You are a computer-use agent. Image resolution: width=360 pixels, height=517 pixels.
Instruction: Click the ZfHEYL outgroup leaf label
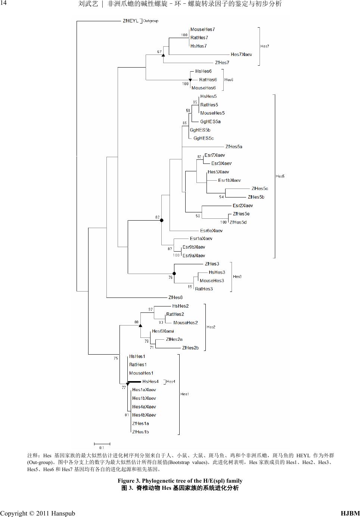pyautogui.click(x=130, y=21)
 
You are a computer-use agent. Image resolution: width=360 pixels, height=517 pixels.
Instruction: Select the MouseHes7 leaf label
pyautogui.click(x=202, y=29)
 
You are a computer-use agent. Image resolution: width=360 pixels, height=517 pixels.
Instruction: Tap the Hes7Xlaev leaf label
pyautogui.click(x=241, y=54)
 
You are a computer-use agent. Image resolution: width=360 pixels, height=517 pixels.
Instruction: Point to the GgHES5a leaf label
pyautogui.click(x=210, y=122)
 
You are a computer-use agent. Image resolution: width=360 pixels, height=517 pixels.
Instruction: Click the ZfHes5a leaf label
pyautogui.click(x=234, y=147)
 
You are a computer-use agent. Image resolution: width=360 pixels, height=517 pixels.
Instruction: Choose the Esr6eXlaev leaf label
pyautogui.click(x=211, y=231)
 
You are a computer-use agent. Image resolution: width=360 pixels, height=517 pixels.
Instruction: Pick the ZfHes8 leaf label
pyautogui.click(x=176, y=298)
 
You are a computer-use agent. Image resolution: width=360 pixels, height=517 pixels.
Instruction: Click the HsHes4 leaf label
pyautogui.click(x=150, y=381)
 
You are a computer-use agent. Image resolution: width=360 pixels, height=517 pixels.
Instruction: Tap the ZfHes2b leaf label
pyautogui.click(x=190, y=348)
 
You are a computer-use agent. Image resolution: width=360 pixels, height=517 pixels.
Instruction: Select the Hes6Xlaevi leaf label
pyautogui.click(x=163, y=331)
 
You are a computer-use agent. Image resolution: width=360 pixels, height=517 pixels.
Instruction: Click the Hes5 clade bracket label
pyautogui.click(x=280, y=176)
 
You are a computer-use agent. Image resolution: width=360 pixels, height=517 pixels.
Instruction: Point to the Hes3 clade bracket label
pyautogui.click(x=237, y=277)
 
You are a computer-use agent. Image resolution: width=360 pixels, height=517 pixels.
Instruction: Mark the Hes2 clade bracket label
pyautogui.click(x=211, y=327)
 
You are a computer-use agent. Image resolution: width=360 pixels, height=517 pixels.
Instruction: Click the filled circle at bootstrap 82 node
pyautogui.click(x=162, y=220)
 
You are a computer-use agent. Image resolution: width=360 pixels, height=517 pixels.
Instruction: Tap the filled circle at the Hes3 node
pyautogui.click(x=174, y=274)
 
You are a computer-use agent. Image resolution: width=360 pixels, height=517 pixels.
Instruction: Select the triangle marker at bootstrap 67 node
pyautogui.click(x=163, y=55)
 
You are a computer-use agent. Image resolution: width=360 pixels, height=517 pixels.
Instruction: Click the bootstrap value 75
pyautogui.click(x=116, y=358)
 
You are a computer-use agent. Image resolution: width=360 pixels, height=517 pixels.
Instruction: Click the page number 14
pyautogui.click(x=4, y=3)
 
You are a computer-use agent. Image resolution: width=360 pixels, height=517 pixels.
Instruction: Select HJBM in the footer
pyautogui.click(x=350, y=513)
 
